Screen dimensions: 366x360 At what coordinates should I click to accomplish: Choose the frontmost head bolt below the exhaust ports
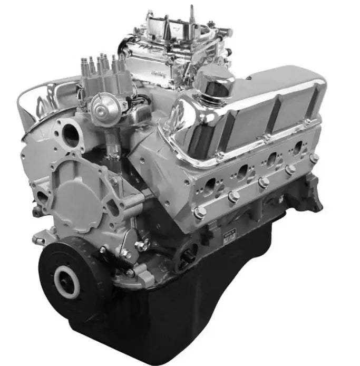pos(200,213)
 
